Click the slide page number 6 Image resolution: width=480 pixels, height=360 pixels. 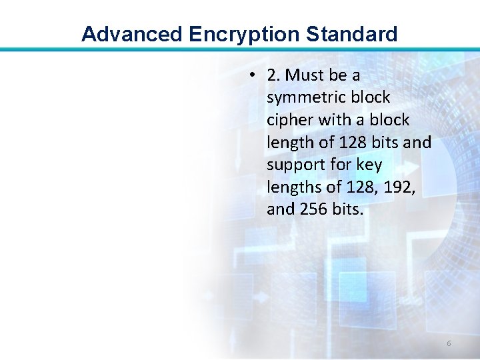pyautogui.click(x=449, y=343)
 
